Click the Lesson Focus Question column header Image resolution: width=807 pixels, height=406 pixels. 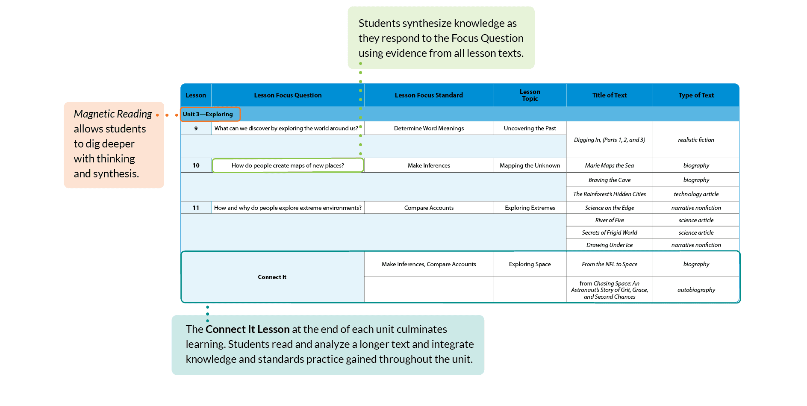coord(288,95)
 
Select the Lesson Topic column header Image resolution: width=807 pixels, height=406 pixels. coord(530,95)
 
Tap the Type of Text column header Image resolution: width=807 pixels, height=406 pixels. coord(696,95)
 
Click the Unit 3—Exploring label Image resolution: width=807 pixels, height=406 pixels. coord(208,114)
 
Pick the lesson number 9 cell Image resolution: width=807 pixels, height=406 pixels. coord(196,128)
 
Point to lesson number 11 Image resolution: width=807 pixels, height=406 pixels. coord(196,208)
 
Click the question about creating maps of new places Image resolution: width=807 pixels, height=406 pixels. coord(288,165)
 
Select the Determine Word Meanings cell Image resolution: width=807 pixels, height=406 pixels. coord(429,128)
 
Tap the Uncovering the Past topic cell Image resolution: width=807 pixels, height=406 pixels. coord(530,128)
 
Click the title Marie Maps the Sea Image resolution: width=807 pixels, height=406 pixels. coord(610,165)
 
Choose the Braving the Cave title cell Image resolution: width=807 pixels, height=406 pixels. coord(610,180)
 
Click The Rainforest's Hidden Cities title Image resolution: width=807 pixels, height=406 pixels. coord(610,194)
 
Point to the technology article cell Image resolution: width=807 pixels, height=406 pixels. coord(696,194)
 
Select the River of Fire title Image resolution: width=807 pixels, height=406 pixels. coord(610,220)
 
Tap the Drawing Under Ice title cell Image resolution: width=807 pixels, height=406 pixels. coord(610,245)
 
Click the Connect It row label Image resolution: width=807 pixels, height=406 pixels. coord(272,277)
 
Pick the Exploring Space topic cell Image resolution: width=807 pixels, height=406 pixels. coord(530,264)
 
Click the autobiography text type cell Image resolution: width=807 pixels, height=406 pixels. coord(696,290)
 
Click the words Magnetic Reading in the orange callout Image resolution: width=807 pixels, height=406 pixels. coord(113,114)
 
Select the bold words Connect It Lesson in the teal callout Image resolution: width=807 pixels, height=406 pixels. coord(247,329)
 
